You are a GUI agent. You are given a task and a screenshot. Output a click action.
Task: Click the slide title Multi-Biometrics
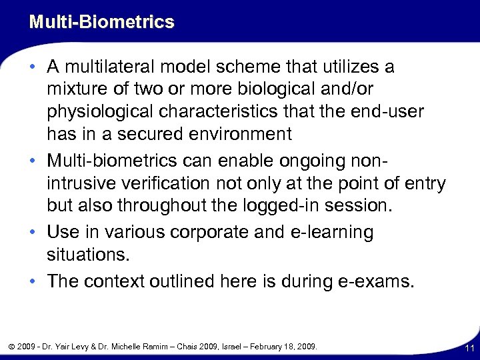[101, 22]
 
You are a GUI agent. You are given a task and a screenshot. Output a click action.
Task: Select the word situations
[87, 254]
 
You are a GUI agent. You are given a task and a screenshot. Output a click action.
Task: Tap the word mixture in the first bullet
[77, 89]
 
